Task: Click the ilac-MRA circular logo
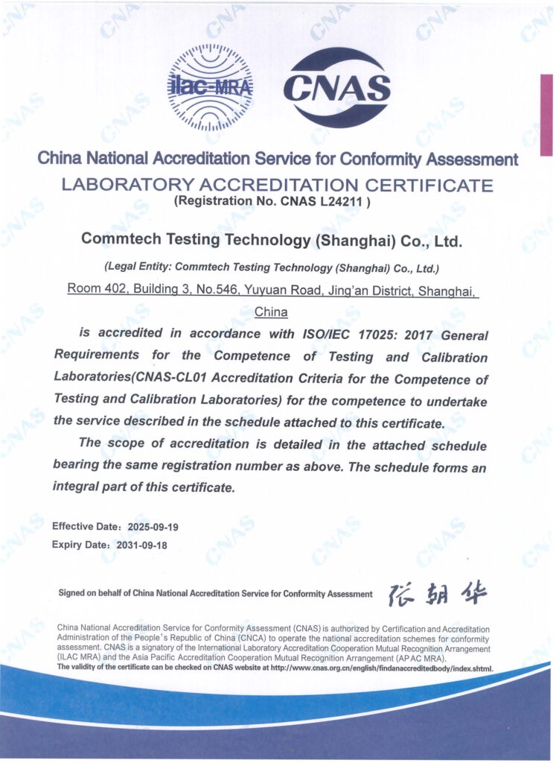click(210, 86)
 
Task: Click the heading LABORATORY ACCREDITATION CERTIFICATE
click(277, 185)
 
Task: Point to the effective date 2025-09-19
click(153, 527)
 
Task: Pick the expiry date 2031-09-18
click(142, 545)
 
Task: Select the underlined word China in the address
click(271, 312)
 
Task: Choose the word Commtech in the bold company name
click(117, 240)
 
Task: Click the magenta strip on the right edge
click(546, 115)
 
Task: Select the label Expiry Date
click(77, 545)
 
